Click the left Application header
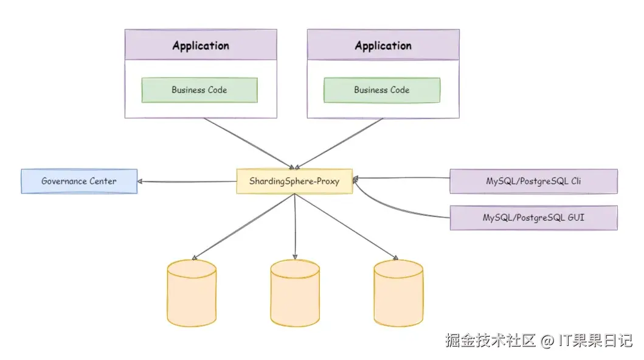(x=201, y=46)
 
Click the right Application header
(x=383, y=46)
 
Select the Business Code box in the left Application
(x=199, y=90)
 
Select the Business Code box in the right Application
(x=381, y=90)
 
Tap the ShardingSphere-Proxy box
(x=294, y=181)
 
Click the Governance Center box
(x=79, y=181)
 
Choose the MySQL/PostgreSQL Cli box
(x=533, y=181)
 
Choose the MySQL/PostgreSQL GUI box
(x=533, y=217)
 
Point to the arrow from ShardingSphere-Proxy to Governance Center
(x=186, y=181)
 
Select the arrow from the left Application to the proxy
(x=249, y=143)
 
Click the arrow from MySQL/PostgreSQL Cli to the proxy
(x=401, y=178)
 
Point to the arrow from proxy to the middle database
(x=295, y=225)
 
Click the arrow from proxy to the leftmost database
(x=243, y=225)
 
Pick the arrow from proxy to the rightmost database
(x=347, y=225)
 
